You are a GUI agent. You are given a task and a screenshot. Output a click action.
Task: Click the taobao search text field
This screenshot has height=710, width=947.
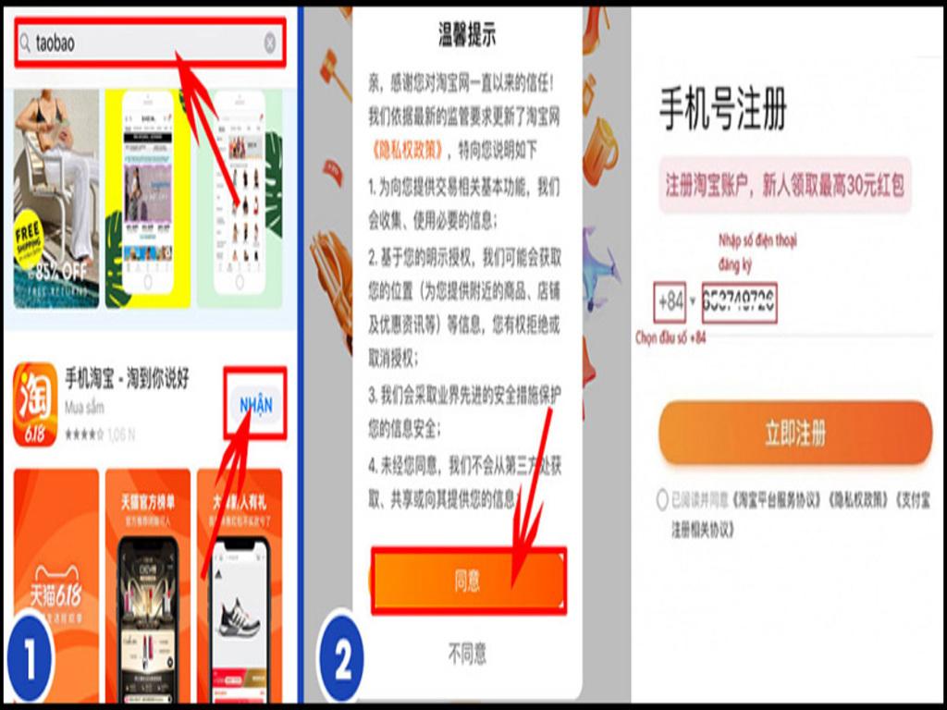[139, 43]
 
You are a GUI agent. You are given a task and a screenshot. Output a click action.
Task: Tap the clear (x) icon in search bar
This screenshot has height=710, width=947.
[269, 43]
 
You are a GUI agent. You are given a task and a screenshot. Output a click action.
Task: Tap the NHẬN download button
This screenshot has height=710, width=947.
[256, 405]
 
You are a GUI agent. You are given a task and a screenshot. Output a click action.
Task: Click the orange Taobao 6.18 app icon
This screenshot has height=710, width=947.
[35, 405]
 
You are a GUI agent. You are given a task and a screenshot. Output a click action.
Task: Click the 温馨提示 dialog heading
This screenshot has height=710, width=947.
[467, 36]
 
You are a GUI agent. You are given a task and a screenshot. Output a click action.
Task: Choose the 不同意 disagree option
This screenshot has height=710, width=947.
[467, 655]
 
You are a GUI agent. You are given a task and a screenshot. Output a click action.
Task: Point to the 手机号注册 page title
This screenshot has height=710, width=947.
[722, 111]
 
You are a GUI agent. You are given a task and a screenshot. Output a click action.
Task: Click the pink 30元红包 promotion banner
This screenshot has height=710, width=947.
[785, 186]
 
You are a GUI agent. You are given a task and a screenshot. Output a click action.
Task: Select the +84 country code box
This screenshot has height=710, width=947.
[670, 301]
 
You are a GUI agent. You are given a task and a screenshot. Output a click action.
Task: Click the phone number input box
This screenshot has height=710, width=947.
[739, 301]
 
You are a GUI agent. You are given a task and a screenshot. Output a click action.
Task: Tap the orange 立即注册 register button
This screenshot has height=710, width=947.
[794, 433]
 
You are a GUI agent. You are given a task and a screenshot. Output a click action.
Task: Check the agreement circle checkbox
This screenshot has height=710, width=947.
[662, 500]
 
